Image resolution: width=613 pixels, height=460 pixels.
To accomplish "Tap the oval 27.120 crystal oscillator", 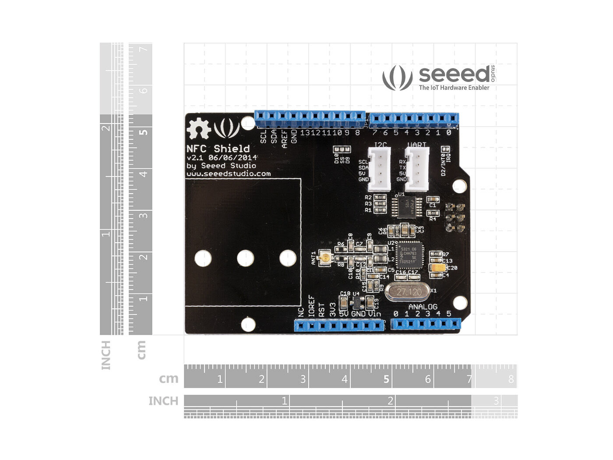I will coord(409,291).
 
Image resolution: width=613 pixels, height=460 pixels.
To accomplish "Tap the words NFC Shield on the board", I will coord(218,149).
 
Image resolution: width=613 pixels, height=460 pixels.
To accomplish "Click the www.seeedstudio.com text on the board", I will coord(229,173).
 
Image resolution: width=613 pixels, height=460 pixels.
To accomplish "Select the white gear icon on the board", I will coord(198,128).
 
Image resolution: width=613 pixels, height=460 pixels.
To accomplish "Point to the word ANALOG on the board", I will coord(423,307).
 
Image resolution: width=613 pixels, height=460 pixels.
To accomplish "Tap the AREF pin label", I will coord(284,138).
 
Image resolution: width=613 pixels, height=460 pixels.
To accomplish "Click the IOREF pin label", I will coord(311,306).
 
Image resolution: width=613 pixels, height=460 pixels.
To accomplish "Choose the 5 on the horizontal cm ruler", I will coord(386,379).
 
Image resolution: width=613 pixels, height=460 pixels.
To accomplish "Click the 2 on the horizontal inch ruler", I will coord(390,400).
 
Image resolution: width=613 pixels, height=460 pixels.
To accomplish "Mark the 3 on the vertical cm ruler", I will coord(143,215).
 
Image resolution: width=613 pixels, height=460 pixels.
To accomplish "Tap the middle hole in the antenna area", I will coord(246,258).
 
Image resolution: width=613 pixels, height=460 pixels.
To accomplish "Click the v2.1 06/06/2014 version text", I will coord(222,157).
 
